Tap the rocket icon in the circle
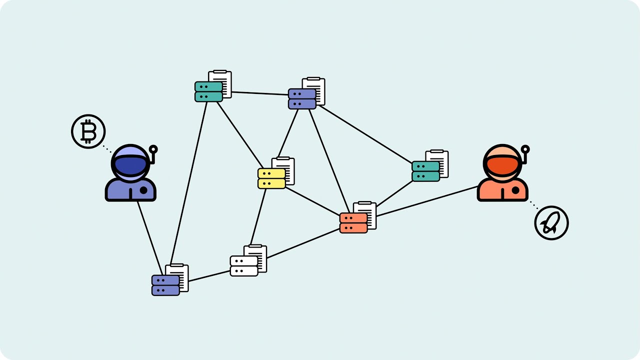[551, 222]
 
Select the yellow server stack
[271, 178]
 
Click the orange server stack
[353, 223]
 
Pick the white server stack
[244, 266]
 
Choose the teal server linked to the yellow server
[208, 91]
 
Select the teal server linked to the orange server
[425, 171]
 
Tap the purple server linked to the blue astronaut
[165, 285]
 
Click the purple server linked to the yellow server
[302, 98]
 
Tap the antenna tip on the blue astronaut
[153, 149]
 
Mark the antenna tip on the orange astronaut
[525, 149]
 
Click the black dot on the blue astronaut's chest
[143, 190]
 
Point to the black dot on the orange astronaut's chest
[515, 190]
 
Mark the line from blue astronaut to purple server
[150, 235]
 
